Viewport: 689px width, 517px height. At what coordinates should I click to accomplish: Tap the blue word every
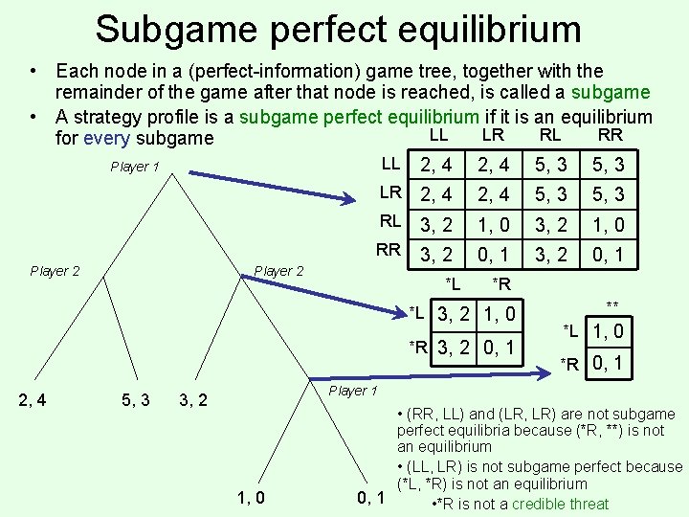(x=108, y=138)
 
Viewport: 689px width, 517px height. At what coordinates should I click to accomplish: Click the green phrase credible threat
(x=560, y=504)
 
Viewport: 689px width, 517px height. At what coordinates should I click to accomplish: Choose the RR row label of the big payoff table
(x=389, y=251)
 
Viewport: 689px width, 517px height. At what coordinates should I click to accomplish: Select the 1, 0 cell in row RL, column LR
(x=495, y=224)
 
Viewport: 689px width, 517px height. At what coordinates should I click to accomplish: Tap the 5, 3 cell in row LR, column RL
(x=551, y=195)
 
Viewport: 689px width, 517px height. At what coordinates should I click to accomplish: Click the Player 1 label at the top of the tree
(x=135, y=167)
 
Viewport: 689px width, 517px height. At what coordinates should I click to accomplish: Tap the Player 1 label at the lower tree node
(x=353, y=391)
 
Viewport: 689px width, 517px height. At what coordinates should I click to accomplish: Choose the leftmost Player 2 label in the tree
(x=55, y=271)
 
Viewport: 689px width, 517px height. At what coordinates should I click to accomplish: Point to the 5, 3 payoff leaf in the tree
(x=134, y=398)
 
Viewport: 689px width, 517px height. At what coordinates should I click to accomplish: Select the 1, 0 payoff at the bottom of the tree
(x=251, y=496)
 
